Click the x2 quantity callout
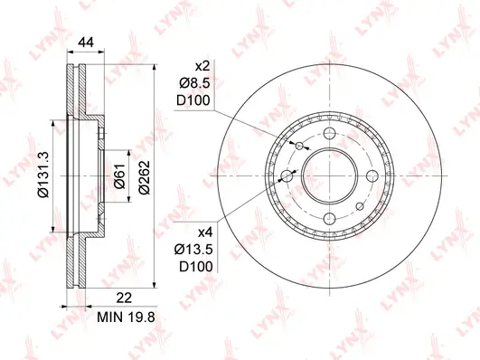[x=203, y=66]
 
